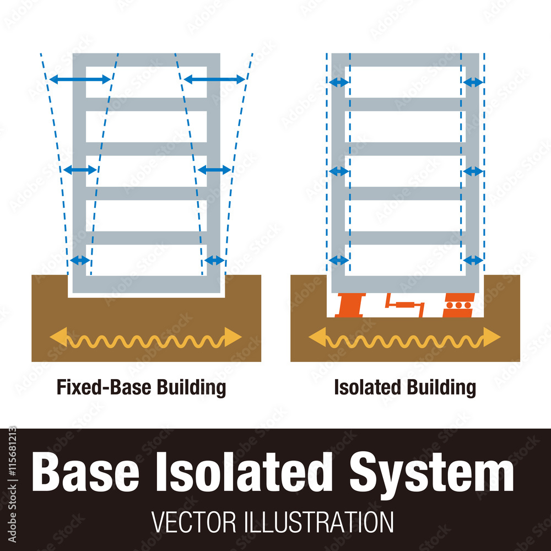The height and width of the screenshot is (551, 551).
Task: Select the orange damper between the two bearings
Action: pyautogui.click(x=404, y=304)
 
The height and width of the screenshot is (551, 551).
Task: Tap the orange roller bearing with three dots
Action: pyautogui.click(x=458, y=305)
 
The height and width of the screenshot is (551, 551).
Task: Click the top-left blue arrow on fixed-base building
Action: pyautogui.click(x=80, y=80)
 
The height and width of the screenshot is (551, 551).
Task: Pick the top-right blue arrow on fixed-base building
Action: pyautogui.click(x=214, y=80)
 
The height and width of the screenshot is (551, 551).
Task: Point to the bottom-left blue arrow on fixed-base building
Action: pyautogui.click(x=80, y=260)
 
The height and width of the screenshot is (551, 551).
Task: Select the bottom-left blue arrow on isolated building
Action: pyautogui.click(x=338, y=260)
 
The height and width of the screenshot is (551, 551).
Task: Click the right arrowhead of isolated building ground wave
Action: pyautogui.click(x=491, y=337)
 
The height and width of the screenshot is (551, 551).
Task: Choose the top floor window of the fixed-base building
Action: pyautogui.click(x=147, y=82)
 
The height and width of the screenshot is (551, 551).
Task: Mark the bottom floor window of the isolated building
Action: pyautogui.click(x=405, y=260)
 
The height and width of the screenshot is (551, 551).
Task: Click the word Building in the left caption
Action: pyautogui.click(x=191, y=387)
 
